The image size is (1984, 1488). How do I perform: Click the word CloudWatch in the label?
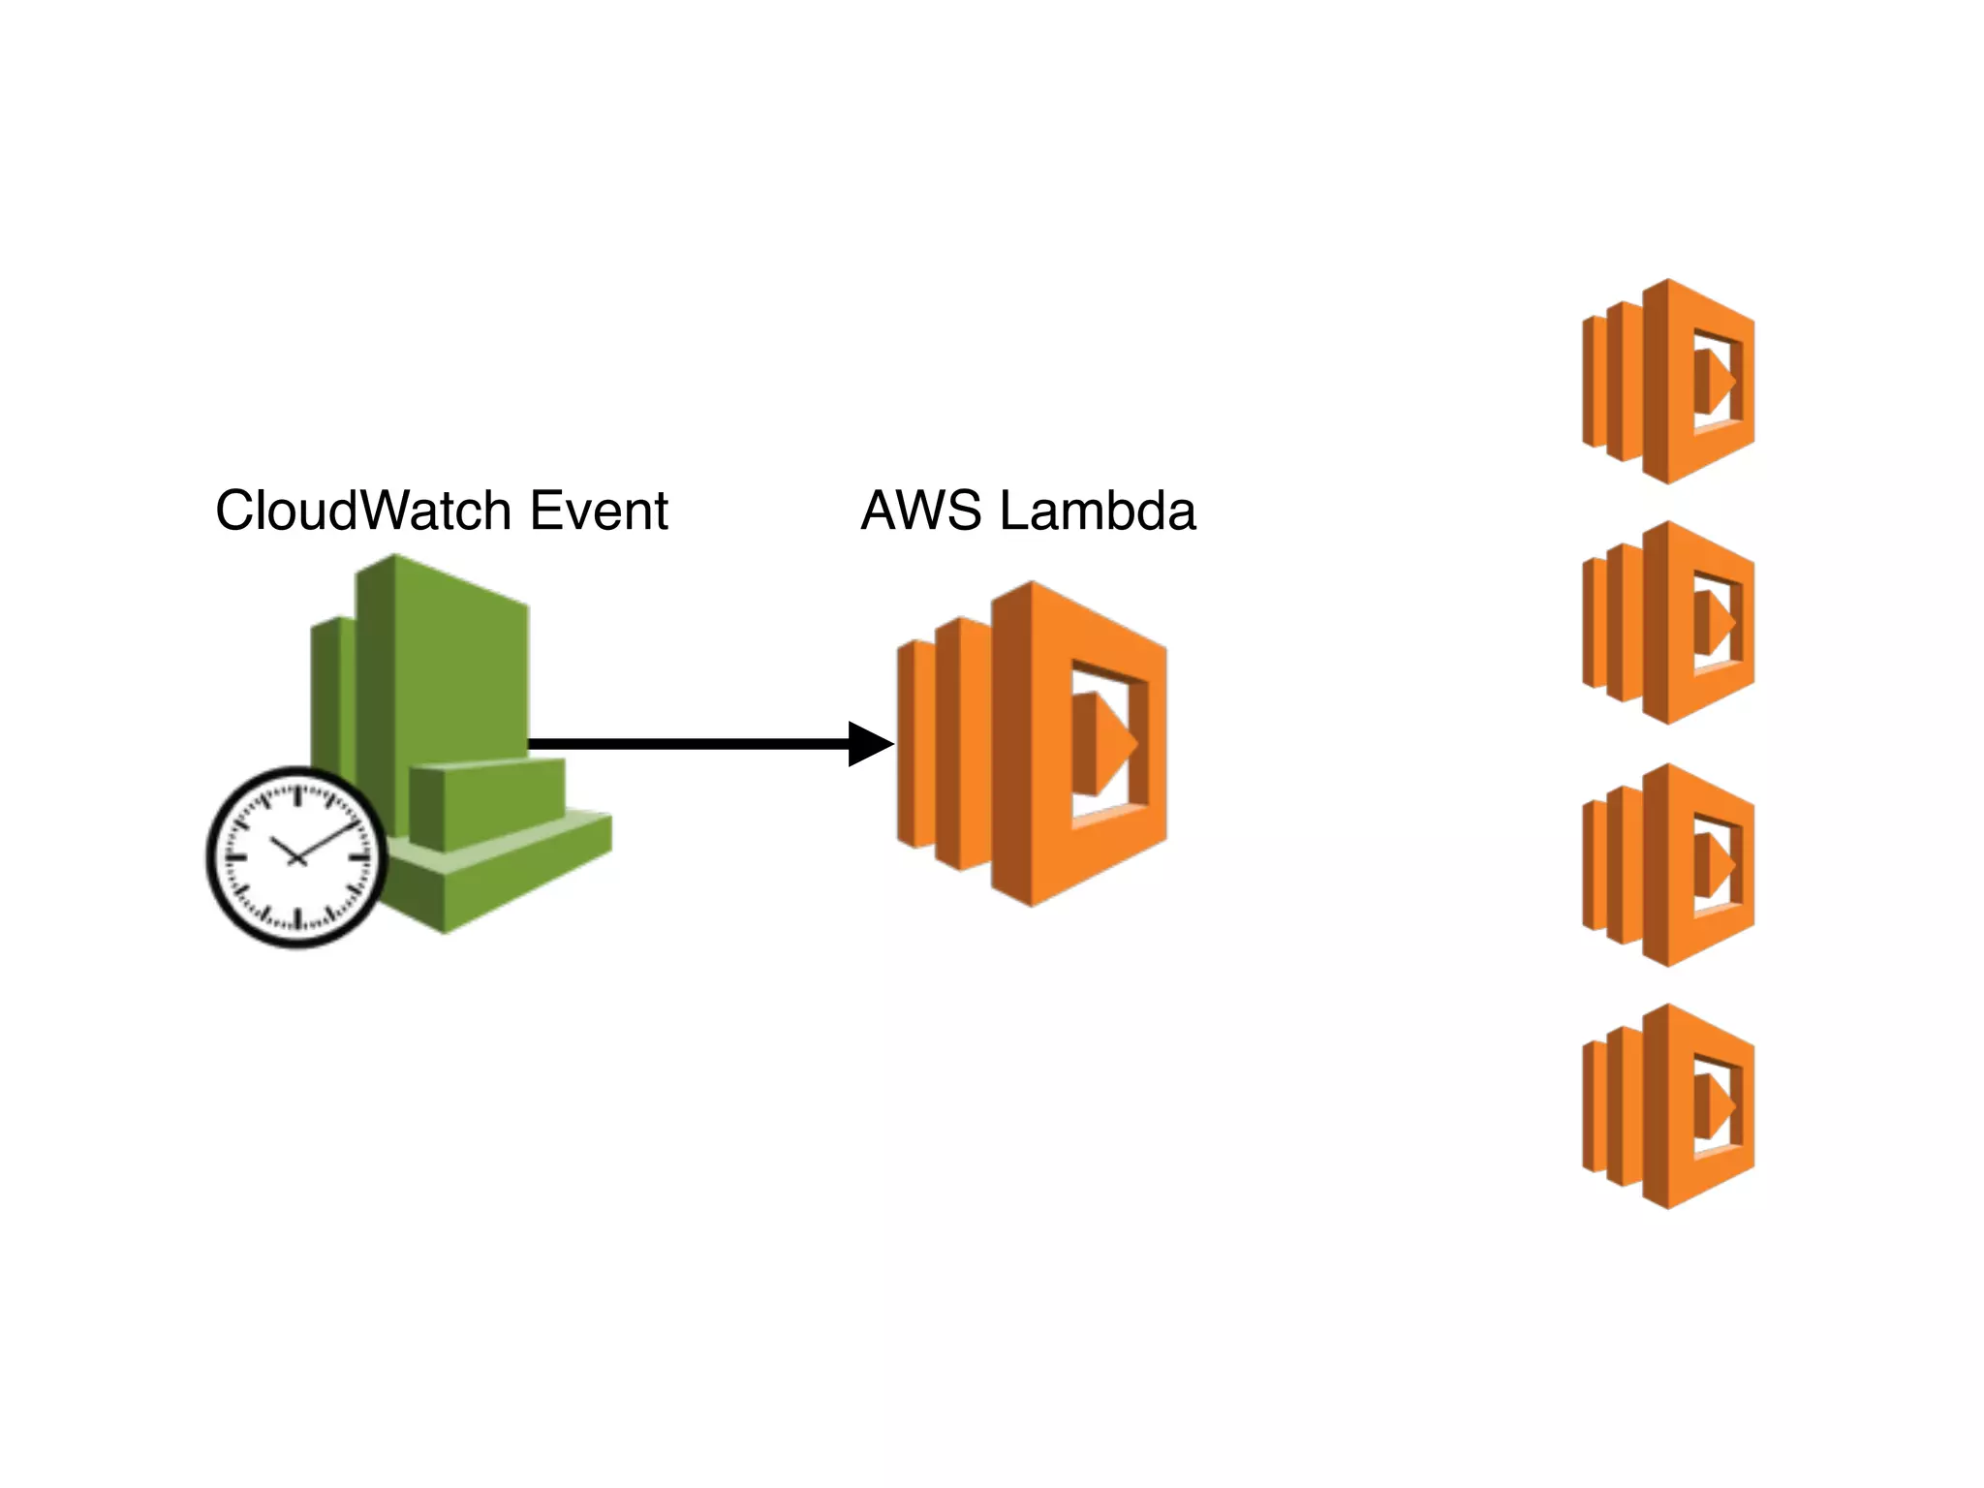pyautogui.click(x=363, y=511)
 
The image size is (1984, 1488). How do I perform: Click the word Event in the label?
pyautogui.click(x=599, y=511)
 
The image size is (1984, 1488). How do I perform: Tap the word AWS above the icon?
pyautogui.click(x=920, y=511)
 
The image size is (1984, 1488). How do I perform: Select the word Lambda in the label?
pyautogui.click(x=1097, y=511)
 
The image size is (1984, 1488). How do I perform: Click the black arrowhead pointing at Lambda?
pyautogui.click(x=869, y=744)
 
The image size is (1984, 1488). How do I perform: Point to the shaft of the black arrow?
pyautogui.click(x=688, y=744)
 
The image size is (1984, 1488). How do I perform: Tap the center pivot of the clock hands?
pyautogui.click(x=296, y=858)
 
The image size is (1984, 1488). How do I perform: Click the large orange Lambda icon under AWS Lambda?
pyautogui.click(x=1033, y=744)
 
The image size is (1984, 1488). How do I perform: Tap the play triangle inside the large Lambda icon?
pyautogui.click(x=1104, y=744)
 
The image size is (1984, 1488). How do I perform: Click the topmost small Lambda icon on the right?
pyautogui.click(x=1668, y=382)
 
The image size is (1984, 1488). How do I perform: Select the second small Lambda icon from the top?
pyautogui.click(x=1668, y=623)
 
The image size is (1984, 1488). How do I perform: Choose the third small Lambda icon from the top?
pyautogui.click(x=1668, y=865)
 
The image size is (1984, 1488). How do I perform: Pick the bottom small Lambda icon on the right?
pyautogui.click(x=1668, y=1106)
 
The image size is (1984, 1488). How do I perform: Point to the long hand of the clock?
pyautogui.click(x=329, y=839)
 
